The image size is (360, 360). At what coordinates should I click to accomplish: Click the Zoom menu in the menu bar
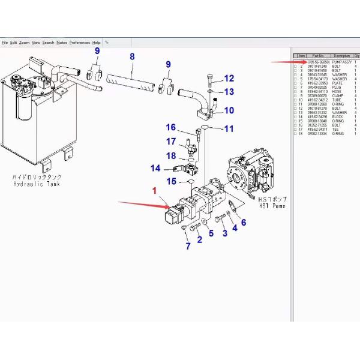click(24, 43)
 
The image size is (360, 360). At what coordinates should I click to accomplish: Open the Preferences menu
click(79, 43)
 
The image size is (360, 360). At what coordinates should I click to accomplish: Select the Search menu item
click(48, 43)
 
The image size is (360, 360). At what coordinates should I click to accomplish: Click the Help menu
click(97, 43)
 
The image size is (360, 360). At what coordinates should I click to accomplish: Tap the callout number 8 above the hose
click(132, 58)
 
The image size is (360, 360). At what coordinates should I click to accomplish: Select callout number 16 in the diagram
click(170, 127)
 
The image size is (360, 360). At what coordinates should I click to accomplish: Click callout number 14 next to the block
click(155, 168)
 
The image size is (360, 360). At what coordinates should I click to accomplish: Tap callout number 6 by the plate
click(243, 223)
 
